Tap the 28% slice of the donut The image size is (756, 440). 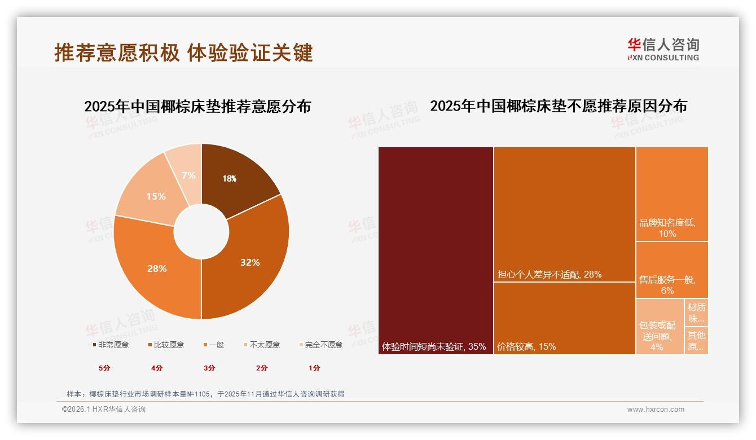point(157,269)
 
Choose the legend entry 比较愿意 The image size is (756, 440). point(167,345)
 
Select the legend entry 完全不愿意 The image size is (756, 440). point(322,345)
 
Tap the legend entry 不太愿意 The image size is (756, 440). point(262,345)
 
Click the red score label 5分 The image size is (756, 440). point(104,368)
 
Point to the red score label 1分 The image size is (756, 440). point(314,368)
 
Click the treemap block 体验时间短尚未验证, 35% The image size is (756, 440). point(436,251)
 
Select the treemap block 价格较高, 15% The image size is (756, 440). point(564,318)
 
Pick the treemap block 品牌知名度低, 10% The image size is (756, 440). point(671,194)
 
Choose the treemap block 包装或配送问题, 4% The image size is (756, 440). point(659,327)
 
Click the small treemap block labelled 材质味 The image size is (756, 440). point(696,313)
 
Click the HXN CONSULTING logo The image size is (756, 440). point(663,50)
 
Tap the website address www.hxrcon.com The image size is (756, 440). point(656,410)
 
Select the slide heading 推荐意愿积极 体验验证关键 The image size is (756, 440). point(183,52)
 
